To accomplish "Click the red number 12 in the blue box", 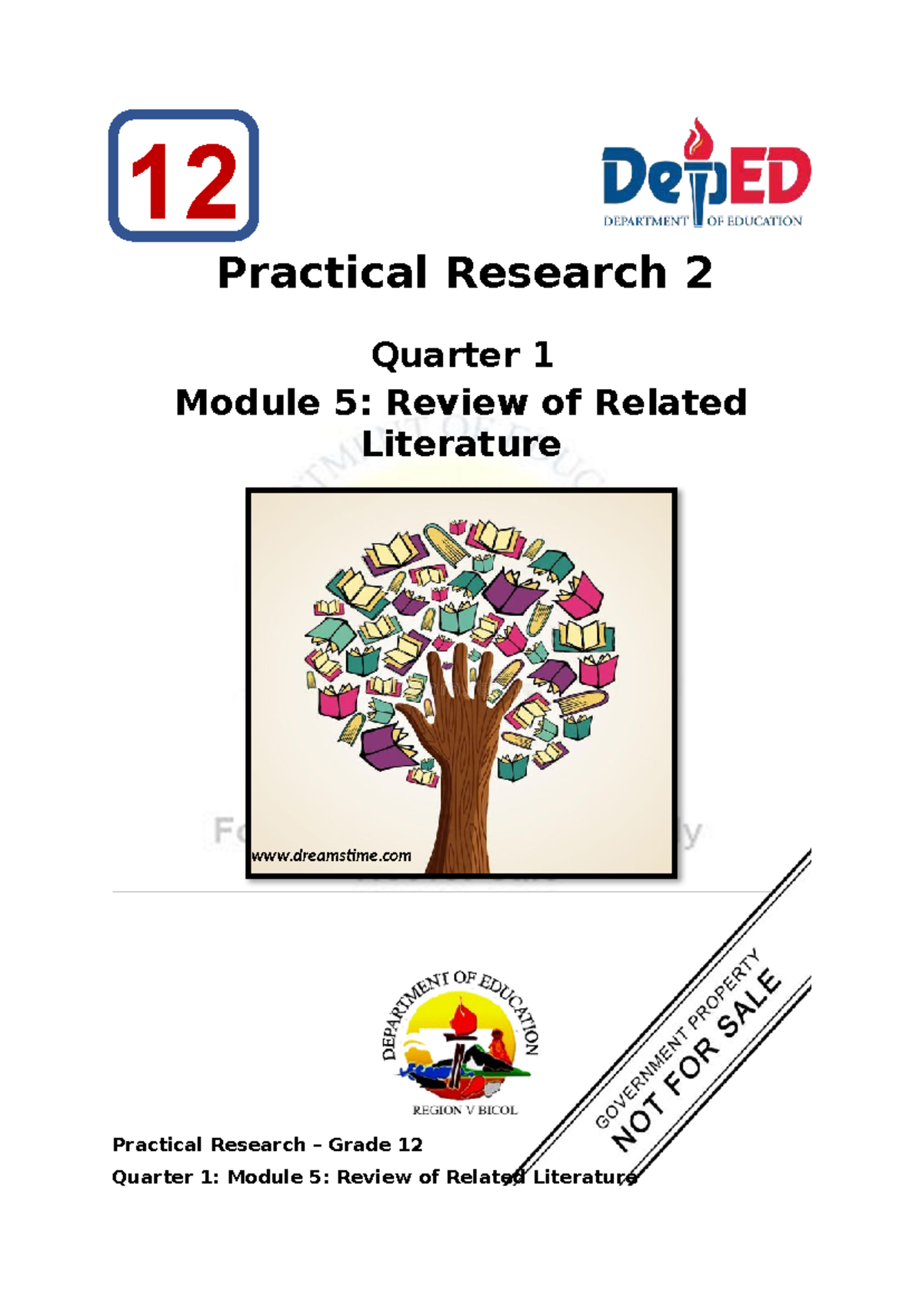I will pos(183,181).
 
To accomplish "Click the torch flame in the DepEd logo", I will pos(698,137).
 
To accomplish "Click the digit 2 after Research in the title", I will pos(698,273).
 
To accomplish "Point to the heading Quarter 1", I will pos(461,355).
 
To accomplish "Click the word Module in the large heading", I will pos(247,403).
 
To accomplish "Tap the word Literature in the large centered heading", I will pos(461,444).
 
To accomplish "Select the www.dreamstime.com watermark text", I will pos(332,856).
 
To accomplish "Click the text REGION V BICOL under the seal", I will pos(465,1110).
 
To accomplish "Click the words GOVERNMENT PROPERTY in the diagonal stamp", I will pos(677,1038).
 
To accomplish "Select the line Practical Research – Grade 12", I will pos(267,1145).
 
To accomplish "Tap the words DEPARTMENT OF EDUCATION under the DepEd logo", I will pos(702,221).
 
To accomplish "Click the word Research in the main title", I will pos(556,273).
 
